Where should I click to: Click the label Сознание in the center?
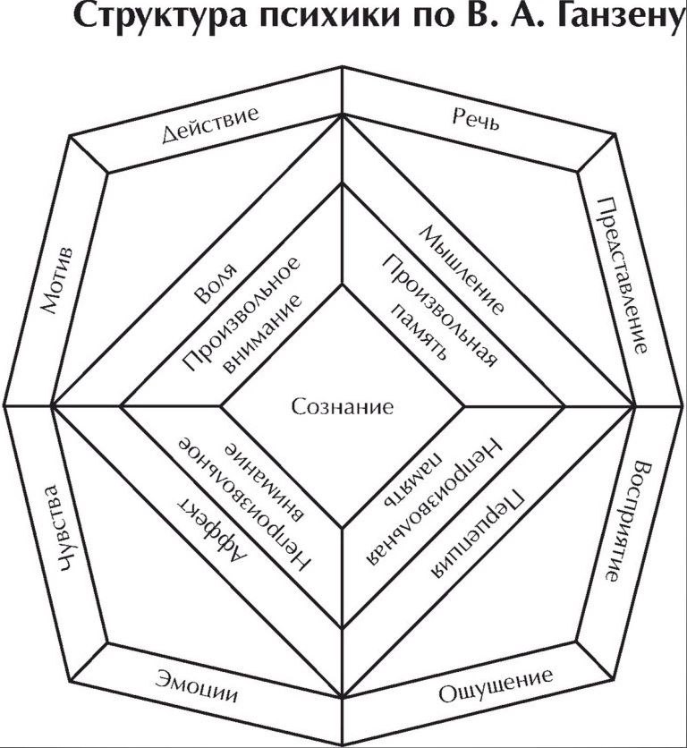[x=343, y=408]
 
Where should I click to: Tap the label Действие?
[x=211, y=125]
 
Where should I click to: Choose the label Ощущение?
[x=496, y=687]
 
